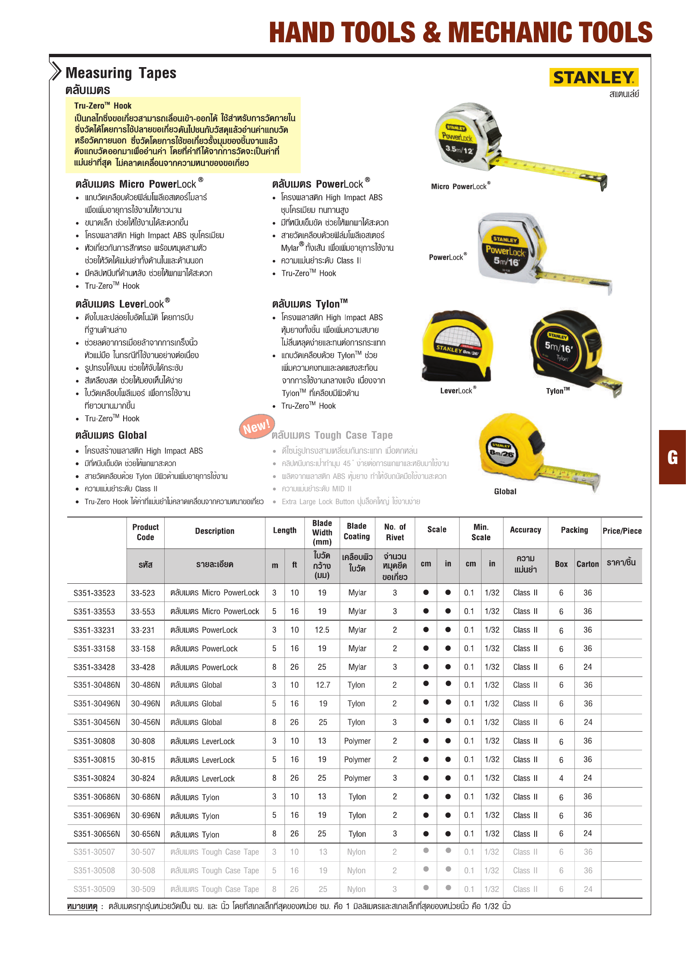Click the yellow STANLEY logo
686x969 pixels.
[594, 77]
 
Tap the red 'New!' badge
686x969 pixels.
[257, 427]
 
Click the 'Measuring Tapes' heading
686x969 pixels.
[121, 73]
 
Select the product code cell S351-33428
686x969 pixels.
[94, 667]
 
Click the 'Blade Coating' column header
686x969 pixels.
[357, 532]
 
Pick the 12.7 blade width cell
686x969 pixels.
[323, 685]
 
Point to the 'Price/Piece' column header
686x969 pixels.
[622, 531]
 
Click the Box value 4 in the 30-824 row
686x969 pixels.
[561, 778]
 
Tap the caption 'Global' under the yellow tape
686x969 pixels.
[505, 492]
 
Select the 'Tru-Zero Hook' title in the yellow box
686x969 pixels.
[102, 106]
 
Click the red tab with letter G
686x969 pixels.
[672, 457]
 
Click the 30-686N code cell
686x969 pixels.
[145, 797]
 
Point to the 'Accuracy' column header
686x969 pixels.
[525, 530]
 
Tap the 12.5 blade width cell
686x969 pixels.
[322, 630]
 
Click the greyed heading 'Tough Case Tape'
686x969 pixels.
[332, 435]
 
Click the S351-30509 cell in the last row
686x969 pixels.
[94, 889]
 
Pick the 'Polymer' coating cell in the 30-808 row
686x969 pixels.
[357, 741]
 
